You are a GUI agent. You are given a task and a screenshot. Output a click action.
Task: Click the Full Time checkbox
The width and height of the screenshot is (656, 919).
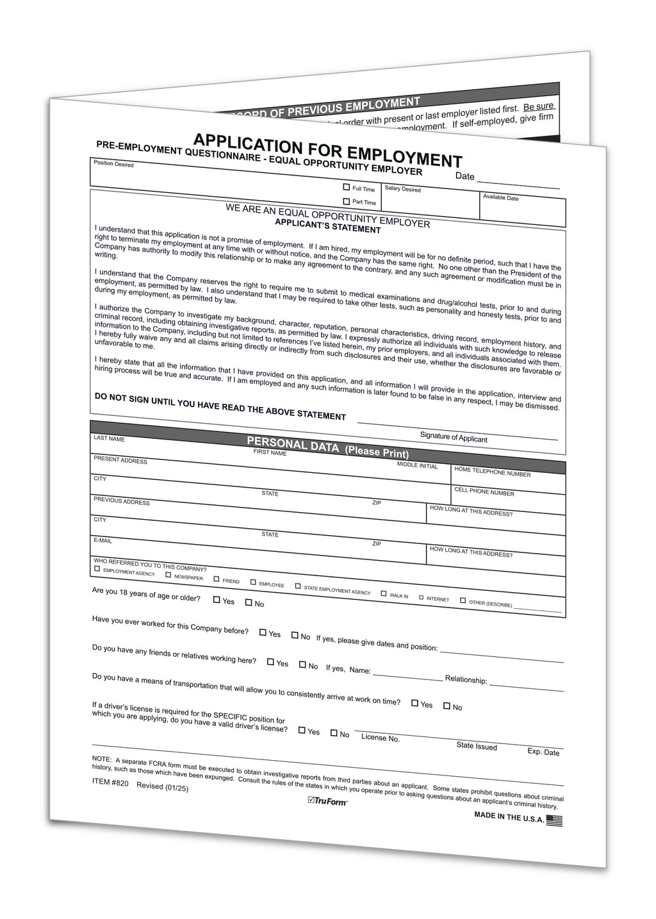point(347,187)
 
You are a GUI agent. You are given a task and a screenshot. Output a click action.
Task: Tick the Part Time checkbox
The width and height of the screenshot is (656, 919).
point(347,201)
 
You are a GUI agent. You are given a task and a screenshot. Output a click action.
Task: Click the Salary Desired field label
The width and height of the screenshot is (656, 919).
point(402,189)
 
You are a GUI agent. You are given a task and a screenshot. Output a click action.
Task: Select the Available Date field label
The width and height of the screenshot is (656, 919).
point(500,197)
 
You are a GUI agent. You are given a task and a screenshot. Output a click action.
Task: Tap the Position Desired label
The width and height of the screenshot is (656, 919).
point(113,164)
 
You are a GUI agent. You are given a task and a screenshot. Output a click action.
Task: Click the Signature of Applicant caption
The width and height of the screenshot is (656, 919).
point(454,438)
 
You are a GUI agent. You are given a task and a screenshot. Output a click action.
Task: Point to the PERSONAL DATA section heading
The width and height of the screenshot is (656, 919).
point(293,443)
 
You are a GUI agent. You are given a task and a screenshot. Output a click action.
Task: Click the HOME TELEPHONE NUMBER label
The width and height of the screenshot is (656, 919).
point(492,472)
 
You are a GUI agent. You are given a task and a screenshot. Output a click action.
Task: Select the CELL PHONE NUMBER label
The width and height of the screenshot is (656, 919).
point(484,492)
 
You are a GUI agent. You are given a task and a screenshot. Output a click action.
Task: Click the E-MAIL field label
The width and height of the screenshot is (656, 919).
point(102,540)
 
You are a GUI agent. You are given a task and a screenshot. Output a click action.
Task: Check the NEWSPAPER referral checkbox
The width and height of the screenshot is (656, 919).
point(168,575)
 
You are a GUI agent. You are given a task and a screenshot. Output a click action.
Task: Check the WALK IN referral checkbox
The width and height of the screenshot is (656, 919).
point(384,593)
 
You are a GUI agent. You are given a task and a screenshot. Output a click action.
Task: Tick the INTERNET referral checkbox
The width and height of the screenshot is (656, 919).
point(422,597)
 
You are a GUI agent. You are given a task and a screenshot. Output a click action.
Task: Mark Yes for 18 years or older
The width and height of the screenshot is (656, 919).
point(217,600)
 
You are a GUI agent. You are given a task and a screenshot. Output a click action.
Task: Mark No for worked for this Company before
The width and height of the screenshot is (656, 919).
point(295,635)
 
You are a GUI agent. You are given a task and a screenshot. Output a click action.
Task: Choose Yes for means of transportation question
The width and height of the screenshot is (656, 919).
point(414,703)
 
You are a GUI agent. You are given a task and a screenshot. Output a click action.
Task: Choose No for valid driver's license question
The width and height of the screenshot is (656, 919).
point(334,733)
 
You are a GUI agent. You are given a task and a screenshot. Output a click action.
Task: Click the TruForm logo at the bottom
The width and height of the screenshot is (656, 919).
point(327,800)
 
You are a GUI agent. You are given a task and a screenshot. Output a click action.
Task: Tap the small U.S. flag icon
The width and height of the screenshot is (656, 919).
point(555,820)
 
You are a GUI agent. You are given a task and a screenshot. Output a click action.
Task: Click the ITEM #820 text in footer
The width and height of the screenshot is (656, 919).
point(110,782)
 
